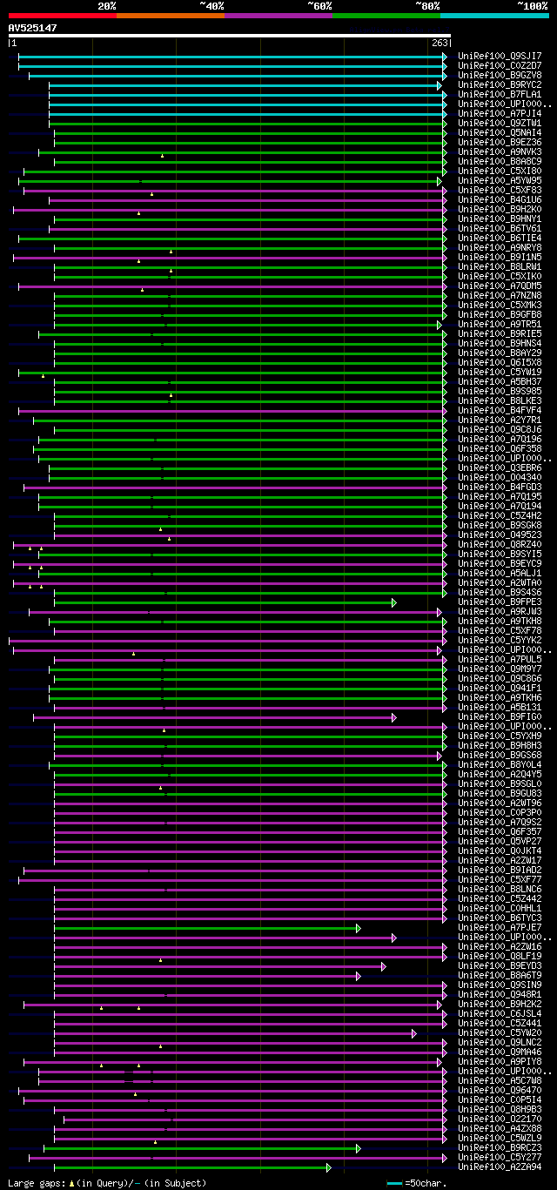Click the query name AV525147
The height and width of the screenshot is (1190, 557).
33,28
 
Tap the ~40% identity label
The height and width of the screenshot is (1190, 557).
211,5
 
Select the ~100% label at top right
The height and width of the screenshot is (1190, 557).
532,5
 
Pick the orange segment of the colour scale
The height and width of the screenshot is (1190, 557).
170,15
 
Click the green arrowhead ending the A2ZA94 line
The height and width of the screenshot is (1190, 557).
329,1166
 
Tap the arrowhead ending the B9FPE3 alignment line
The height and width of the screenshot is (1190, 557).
394,602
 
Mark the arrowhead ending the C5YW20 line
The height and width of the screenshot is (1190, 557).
414,1032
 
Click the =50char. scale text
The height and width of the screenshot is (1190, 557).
425,1183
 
